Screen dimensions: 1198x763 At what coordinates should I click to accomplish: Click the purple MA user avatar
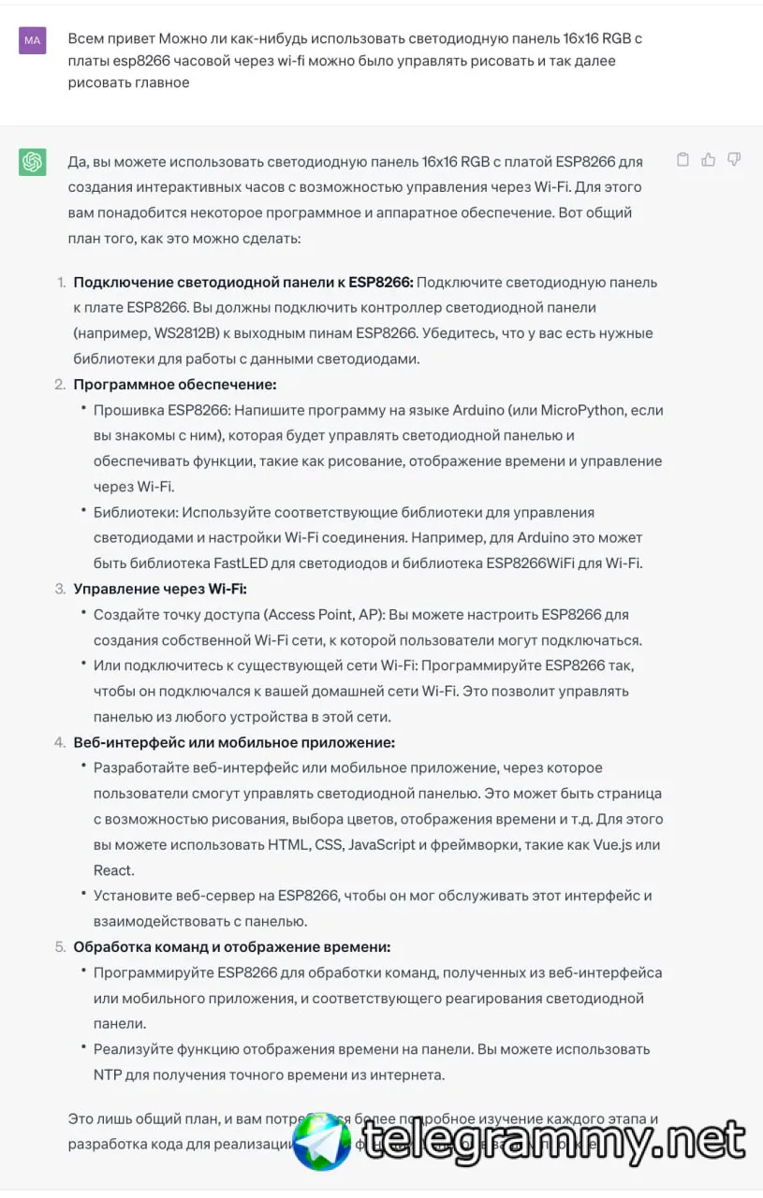coord(33,40)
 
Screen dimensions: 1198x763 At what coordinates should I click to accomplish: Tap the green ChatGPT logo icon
coord(33,162)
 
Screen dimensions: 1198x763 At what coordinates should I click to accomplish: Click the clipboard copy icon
coord(682,160)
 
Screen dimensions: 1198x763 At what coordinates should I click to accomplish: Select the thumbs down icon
coord(734,160)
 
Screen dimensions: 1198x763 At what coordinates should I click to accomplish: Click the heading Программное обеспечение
coord(175,384)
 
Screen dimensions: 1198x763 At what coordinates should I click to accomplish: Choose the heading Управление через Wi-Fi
coord(160,589)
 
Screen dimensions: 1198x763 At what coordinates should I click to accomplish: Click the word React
coord(113,870)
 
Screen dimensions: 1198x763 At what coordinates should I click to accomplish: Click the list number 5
coord(60,946)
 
